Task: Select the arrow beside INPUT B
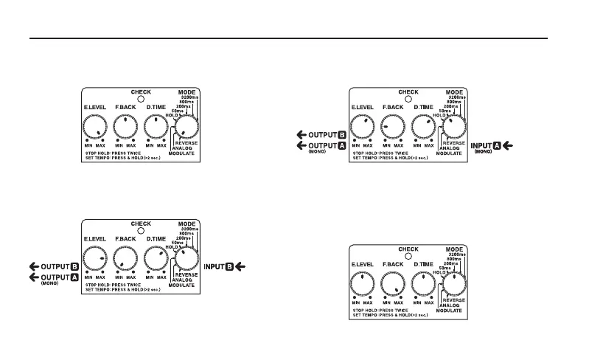click(241, 266)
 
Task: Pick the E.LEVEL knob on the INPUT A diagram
click(363, 128)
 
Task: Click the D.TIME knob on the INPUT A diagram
click(422, 128)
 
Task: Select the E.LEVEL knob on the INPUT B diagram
click(95, 259)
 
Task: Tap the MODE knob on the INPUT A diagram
click(453, 128)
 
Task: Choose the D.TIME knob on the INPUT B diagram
click(155, 259)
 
